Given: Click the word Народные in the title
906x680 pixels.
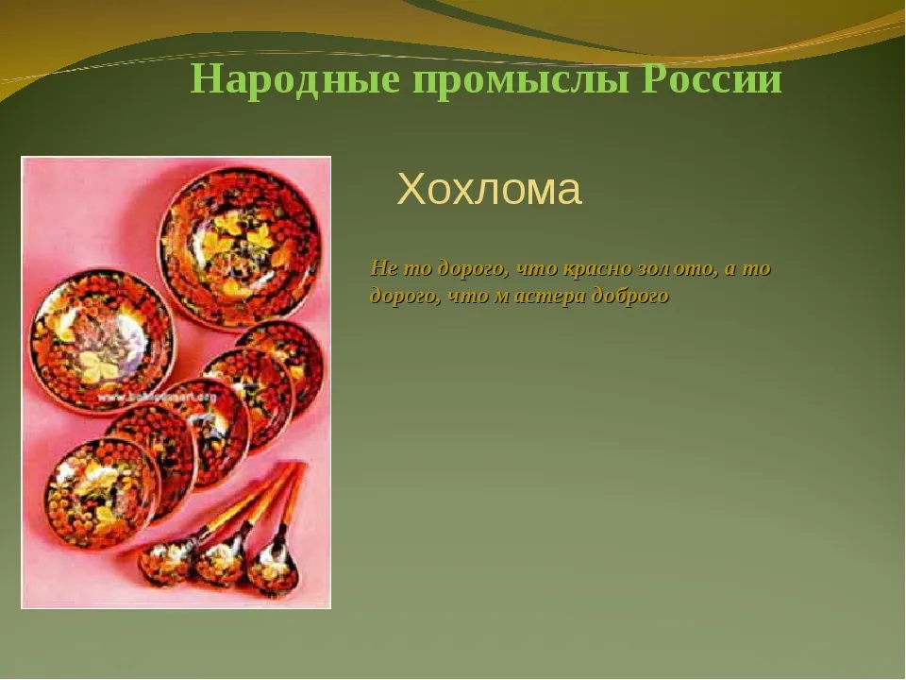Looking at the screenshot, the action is (294, 79).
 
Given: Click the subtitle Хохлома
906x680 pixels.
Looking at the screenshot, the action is (489, 189).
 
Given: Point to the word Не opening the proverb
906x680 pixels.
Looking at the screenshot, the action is (384, 268).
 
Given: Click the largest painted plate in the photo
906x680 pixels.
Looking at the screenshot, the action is (241, 248).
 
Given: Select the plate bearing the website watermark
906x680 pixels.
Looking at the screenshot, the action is (102, 341).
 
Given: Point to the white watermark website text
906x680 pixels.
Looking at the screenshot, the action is (155, 398).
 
